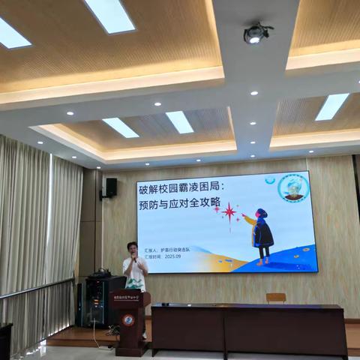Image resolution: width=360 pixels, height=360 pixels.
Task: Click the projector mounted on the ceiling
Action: pos(256,33)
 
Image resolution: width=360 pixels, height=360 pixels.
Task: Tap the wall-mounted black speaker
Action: pos(109,187)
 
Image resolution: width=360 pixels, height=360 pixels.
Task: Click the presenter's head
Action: pos(133,248)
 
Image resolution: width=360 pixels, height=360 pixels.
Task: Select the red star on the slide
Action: pos(229,211)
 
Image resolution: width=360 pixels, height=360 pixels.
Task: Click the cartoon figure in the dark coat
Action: pos(262,234)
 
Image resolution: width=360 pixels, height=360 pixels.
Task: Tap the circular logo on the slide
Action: pos(293,187)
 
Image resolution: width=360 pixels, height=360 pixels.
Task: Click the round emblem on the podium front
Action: pos(129,319)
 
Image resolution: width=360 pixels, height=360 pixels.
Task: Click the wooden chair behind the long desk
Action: pos(276,298)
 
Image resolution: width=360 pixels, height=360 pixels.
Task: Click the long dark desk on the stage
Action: pos(247,328)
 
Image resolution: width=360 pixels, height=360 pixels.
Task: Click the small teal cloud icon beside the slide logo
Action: pos(270,180)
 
